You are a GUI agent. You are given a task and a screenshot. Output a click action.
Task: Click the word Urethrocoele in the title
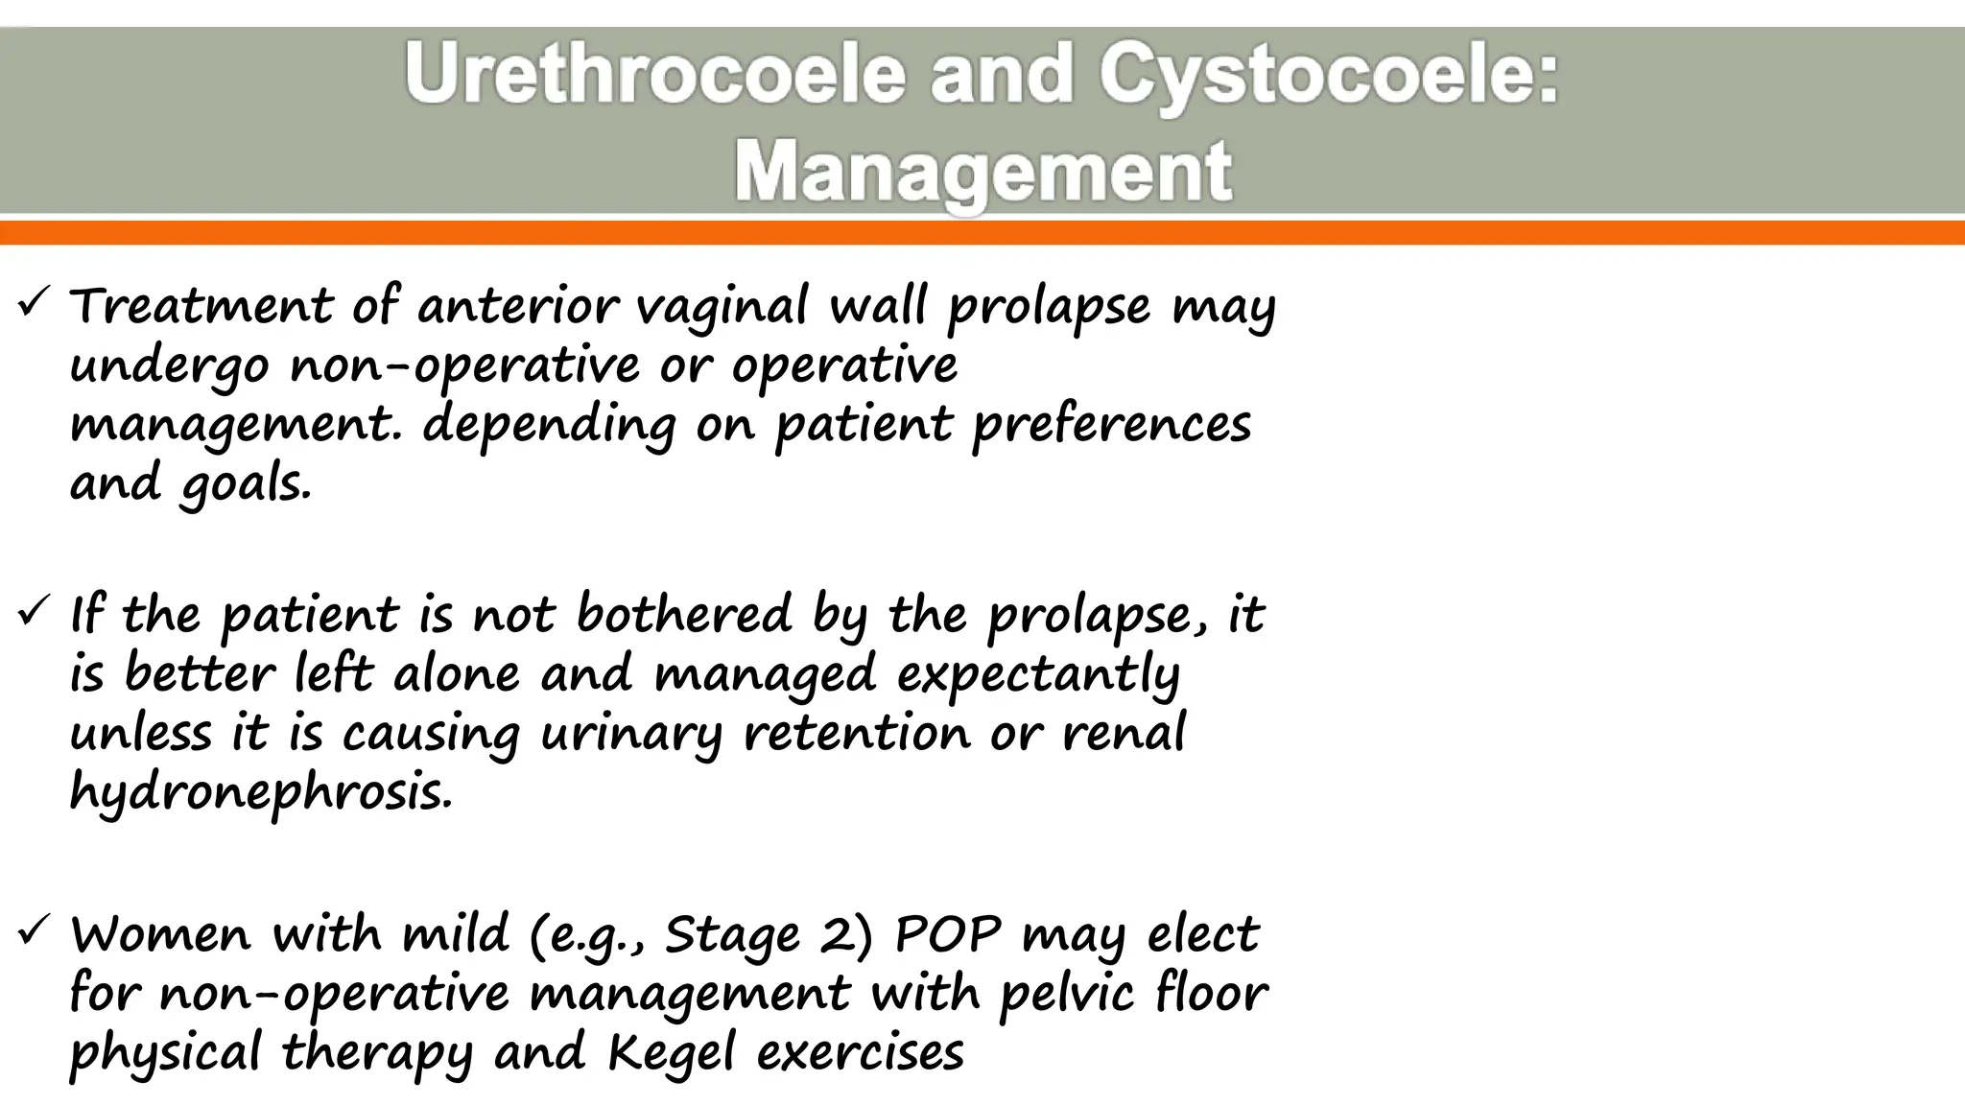(x=654, y=75)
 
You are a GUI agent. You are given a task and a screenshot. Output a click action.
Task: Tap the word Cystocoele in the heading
(x=1329, y=75)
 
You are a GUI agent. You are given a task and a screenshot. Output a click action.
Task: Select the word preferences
(x=1112, y=424)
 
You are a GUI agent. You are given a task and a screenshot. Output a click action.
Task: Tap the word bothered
(x=684, y=614)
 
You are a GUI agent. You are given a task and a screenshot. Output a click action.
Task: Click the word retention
(x=857, y=734)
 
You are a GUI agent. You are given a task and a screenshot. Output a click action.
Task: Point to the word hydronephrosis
(x=260, y=793)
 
